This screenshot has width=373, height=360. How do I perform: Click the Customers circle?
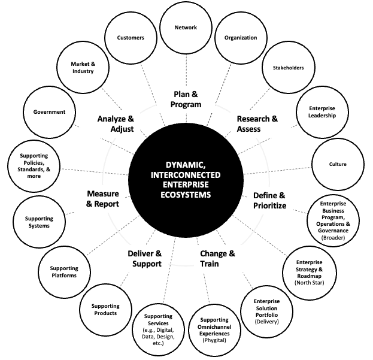tap(131, 38)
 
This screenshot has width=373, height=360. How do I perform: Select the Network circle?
tap(185, 28)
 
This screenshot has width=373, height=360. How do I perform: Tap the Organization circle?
tap(240, 38)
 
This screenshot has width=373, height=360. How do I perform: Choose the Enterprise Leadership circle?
tap(322, 112)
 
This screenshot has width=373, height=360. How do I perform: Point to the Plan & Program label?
tap(187, 99)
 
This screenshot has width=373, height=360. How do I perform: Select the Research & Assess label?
tap(257, 124)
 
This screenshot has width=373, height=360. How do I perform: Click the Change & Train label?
tap(217, 258)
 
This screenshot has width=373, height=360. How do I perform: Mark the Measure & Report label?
tap(103, 199)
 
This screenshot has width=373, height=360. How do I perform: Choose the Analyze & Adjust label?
tap(115, 124)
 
